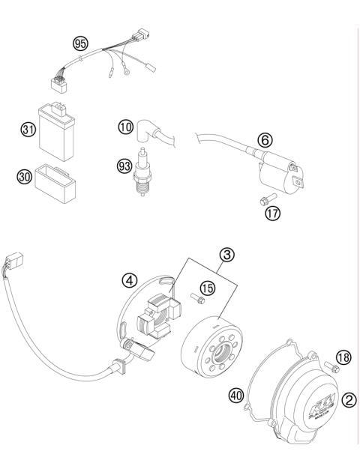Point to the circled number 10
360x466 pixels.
tap(125, 127)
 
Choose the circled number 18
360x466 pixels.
tap(342, 358)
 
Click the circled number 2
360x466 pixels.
tap(348, 400)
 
